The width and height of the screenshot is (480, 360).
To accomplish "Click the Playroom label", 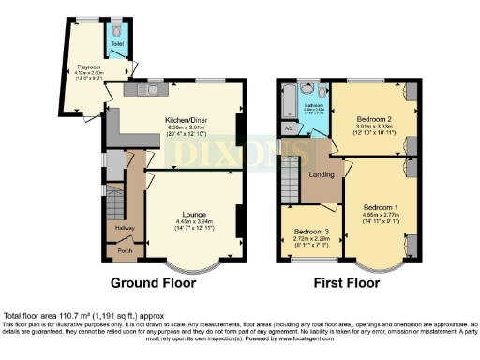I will tap(89, 67).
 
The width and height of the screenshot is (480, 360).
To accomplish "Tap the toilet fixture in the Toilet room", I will tap(116, 28).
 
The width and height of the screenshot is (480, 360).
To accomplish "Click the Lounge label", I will tap(194, 214).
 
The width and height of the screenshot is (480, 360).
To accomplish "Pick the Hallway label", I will tap(124, 226).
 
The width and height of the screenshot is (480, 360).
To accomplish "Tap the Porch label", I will tap(124, 249).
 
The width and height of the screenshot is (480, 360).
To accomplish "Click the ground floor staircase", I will tap(115, 202).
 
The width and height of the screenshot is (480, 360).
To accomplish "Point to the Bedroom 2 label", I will tap(373, 119).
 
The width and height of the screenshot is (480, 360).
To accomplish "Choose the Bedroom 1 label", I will tap(380, 205).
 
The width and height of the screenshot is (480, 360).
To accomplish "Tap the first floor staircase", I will tap(292, 178).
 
